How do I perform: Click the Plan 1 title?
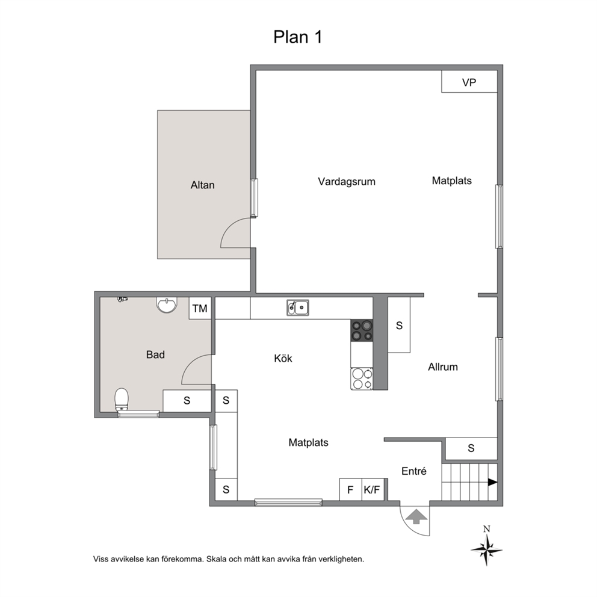click(298, 37)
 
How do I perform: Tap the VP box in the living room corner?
click(469, 81)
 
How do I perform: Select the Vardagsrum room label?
click(347, 182)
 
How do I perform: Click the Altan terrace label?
click(203, 185)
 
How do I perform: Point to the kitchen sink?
click(298, 308)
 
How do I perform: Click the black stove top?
click(362, 330)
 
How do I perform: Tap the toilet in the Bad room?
click(122, 400)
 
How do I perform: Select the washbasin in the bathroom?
click(167, 305)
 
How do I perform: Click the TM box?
click(200, 308)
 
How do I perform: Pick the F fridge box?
click(350, 489)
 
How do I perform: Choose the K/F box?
click(373, 489)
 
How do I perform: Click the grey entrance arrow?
click(416, 516)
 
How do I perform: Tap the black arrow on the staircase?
click(493, 483)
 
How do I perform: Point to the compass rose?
click(487, 550)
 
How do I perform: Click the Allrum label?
click(443, 367)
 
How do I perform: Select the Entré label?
click(414, 471)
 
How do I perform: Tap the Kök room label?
click(283, 358)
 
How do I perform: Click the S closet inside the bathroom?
click(187, 401)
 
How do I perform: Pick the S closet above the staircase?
click(471, 448)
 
